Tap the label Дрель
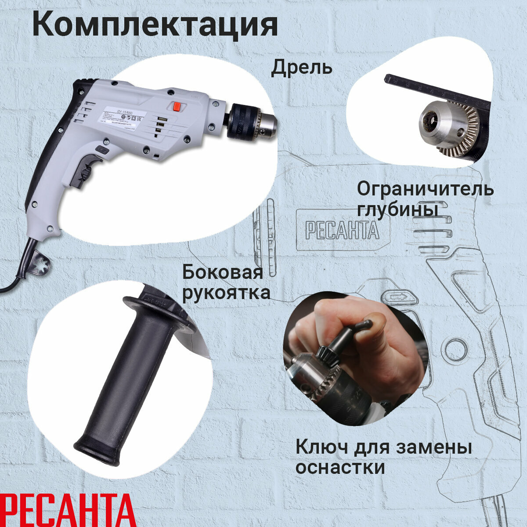coord(301,69)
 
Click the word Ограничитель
coord(425,189)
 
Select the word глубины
coord(397,210)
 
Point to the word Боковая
coord(223,272)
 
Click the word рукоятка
coord(226,292)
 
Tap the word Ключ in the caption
coord(319,448)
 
